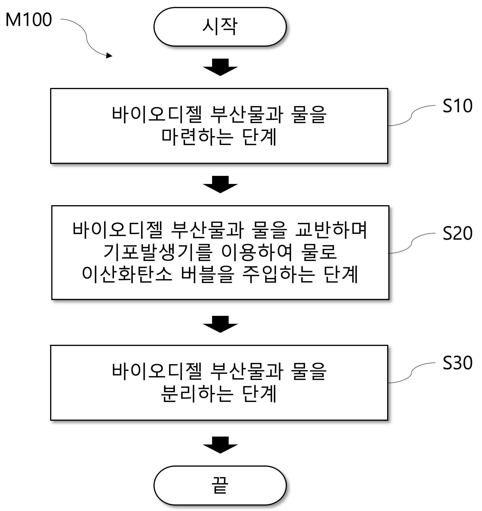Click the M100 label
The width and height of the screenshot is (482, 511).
[29, 20]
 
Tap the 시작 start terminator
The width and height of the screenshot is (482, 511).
[220, 27]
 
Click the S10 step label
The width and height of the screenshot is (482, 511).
[457, 106]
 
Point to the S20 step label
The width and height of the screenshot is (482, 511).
[457, 233]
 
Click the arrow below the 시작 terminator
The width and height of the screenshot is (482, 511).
[220, 67]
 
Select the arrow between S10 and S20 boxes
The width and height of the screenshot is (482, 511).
[220, 184]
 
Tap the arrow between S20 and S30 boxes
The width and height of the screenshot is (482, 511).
[220, 324]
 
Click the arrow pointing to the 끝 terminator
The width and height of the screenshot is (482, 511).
[220, 445]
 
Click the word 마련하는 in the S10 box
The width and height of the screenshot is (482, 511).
[197, 137]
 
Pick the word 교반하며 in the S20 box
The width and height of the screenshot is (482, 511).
[331, 230]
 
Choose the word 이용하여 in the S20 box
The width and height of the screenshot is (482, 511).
[257, 252]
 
